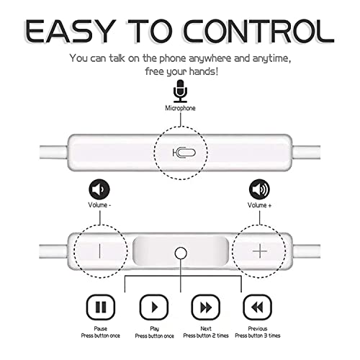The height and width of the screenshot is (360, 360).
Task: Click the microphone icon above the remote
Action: (x=180, y=91)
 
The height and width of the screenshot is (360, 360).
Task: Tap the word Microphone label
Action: (x=180, y=108)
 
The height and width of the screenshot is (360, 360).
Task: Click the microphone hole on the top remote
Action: (x=184, y=153)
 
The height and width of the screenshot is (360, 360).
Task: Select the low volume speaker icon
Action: (x=99, y=189)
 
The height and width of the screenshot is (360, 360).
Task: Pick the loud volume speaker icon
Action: (x=259, y=189)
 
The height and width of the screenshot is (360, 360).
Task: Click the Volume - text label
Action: (x=99, y=205)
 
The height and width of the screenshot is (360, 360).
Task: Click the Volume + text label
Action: (x=259, y=205)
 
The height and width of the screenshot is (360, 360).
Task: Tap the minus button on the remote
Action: (x=99, y=251)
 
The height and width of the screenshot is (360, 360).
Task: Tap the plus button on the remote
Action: (x=260, y=251)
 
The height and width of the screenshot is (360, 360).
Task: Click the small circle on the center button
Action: (x=181, y=253)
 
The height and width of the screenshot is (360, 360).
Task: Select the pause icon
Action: (x=101, y=307)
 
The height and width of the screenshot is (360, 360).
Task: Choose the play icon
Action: (x=154, y=307)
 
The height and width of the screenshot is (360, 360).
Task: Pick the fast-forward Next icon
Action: (x=206, y=307)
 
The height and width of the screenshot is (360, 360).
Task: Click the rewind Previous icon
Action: (x=258, y=307)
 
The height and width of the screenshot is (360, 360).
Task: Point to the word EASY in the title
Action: (x=69, y=31)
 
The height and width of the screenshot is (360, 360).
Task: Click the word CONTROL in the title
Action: (x=259, y=31)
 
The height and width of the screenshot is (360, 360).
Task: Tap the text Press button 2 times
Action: (x=206, y=336)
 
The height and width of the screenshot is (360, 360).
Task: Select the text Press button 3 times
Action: (x=258, y=336)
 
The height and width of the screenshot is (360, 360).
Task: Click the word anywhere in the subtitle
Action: (x=210, y=59)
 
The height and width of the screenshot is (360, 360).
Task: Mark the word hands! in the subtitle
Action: (x=204, y=71)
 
